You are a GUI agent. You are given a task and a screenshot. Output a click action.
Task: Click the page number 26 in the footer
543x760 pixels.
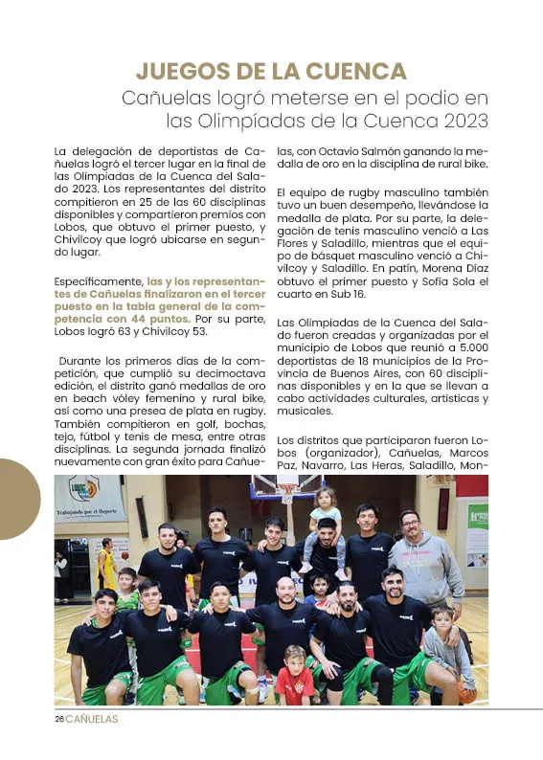click(58, 720)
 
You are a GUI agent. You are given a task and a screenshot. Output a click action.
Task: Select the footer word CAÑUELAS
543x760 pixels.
click(93, 720)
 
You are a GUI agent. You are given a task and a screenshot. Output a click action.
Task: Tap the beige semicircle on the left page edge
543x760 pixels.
click(17, 499)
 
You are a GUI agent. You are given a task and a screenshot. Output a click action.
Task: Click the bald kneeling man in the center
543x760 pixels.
click(285, 622)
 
